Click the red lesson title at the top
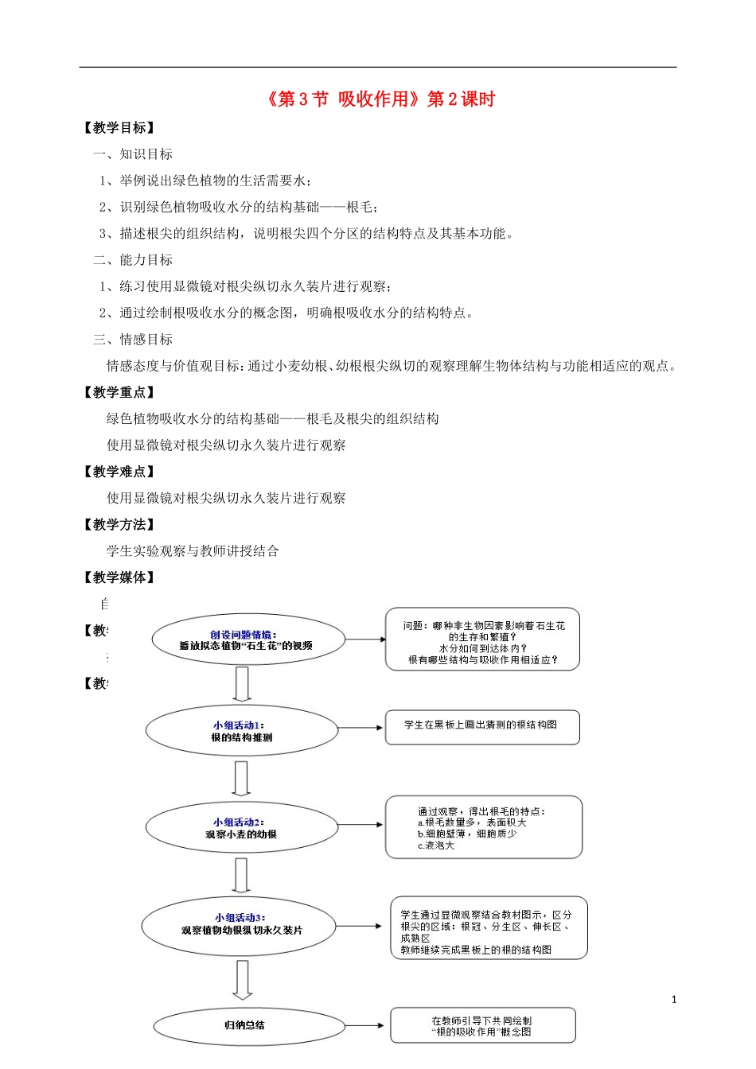tap(378, 99)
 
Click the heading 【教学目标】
tap(119, 128)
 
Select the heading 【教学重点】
tap(119, 392)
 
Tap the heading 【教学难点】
tap(119, 472)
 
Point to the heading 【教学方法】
tap(119, 525)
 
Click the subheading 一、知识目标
tap(133, 154)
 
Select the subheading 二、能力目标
tap(133, 260)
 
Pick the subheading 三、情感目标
tap(133, 340)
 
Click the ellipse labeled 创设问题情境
tap(247, 640)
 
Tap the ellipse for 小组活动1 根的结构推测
tap(242, 731)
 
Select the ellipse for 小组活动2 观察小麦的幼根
tap(242, 828)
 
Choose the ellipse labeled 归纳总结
tap(245, 1025)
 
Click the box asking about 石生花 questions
tap(482, 639)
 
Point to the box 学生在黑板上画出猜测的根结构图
tap(482, 727)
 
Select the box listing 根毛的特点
tap(484, 827)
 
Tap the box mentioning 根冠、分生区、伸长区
tap(488, 928)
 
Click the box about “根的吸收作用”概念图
tap(482, 1026)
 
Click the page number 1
tap(674, 1000)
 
